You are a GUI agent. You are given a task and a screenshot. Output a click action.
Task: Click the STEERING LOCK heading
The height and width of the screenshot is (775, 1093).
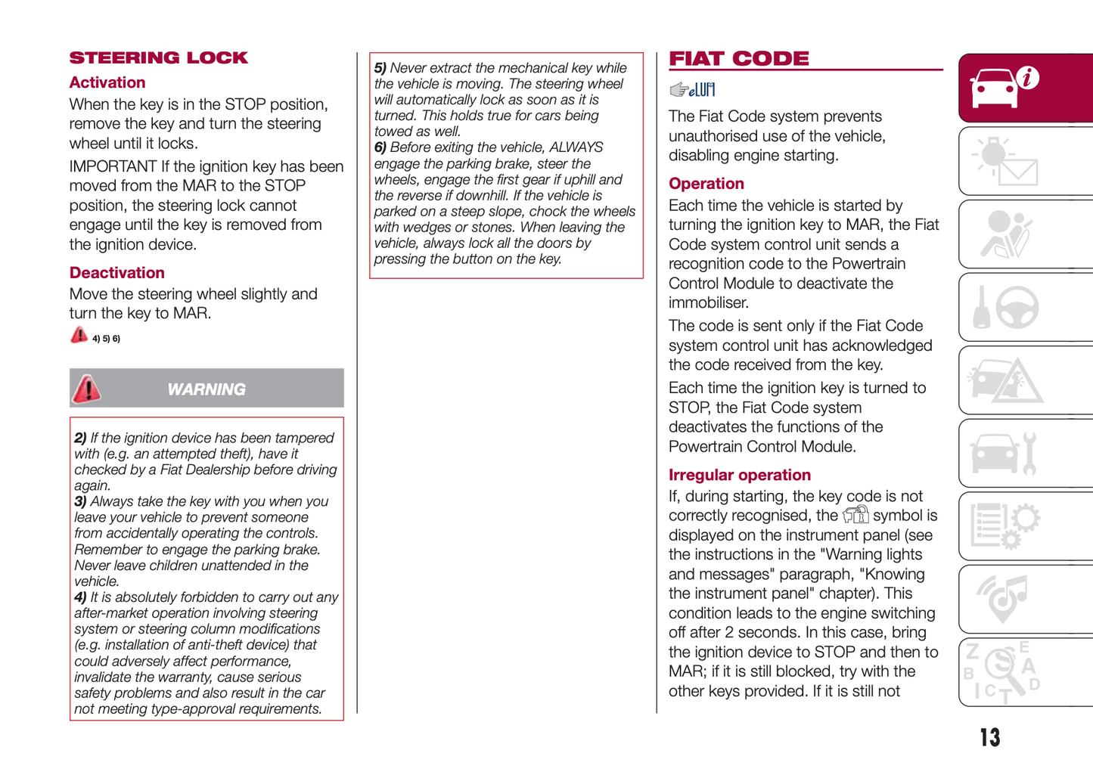tap(158, 58)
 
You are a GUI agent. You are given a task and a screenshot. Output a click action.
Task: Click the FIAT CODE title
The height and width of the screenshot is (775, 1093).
tap(738, 59)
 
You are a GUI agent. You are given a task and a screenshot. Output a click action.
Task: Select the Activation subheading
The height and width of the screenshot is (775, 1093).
tap(107, 82)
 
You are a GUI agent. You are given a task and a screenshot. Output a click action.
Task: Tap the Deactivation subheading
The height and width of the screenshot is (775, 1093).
tap(116, 273)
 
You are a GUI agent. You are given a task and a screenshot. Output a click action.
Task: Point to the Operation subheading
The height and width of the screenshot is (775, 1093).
tap(706, 184)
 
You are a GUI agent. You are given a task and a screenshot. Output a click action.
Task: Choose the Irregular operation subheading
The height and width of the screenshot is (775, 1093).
tap(739, 475)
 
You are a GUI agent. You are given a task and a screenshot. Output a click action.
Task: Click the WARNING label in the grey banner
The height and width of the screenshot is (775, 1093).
tap(206, 389)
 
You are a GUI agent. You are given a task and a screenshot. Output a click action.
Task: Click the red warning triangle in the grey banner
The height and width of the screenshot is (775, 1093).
tap(87, 389)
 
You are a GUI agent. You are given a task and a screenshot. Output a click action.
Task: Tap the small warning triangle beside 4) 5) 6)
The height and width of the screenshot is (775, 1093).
tap(79, 335)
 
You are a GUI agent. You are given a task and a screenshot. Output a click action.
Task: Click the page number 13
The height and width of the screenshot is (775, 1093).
tap(989, 737)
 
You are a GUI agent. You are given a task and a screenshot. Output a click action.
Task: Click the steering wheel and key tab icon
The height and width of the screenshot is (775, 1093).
tap(1006, 308)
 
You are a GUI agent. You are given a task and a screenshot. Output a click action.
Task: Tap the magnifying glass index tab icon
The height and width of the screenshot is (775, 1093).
tap(1003, 672)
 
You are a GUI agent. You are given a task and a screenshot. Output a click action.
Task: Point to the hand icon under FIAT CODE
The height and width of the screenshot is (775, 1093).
tap(678, 90)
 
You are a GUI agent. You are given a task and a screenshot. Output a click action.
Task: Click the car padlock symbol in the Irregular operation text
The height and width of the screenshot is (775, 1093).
tap(855, 516)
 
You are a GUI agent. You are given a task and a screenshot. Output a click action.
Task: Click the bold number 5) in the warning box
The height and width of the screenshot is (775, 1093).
tap(380, 68)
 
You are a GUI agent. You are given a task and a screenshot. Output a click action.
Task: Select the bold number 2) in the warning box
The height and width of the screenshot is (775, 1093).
tap(80, 438)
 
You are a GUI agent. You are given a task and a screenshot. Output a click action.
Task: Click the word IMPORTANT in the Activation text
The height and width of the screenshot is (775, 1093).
tap(113, 166)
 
